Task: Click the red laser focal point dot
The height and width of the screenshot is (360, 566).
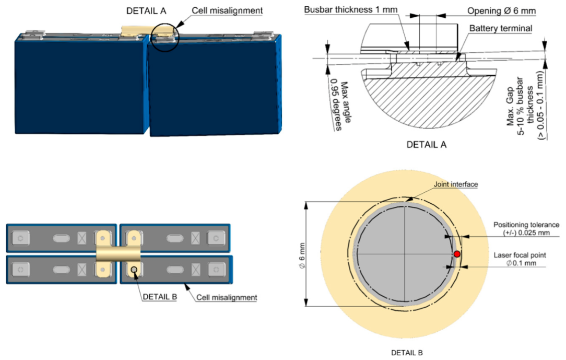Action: coord(457,254)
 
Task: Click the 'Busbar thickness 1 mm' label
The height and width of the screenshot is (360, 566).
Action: coord(350,10)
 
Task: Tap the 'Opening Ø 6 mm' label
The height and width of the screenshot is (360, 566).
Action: coord(501,11)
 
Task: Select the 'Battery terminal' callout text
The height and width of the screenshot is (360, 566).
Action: coord(501,28)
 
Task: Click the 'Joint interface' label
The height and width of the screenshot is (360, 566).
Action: coord(455,184)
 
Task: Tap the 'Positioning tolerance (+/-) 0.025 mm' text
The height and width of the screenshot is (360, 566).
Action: coord(526,228)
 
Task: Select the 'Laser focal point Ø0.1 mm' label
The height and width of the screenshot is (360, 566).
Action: coord(520,259)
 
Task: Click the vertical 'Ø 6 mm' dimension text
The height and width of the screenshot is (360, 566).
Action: coord(302,256)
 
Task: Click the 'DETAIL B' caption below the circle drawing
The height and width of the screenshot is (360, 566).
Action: coord(407,352)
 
